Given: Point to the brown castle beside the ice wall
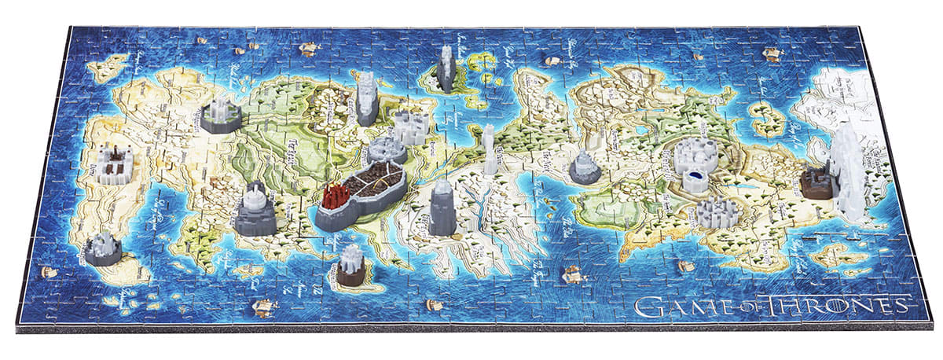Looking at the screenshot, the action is click(818, 182).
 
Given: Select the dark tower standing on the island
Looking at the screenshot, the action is click(446, 68).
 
